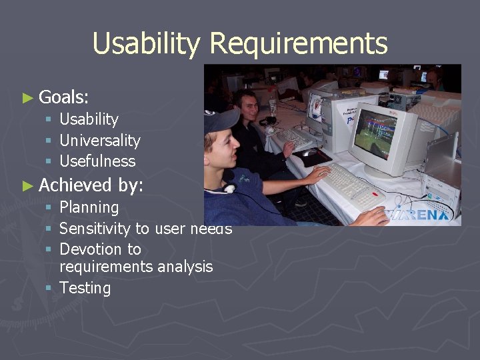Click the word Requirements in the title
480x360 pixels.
[298, 44]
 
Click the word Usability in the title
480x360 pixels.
[146, 44]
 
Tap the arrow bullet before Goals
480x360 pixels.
[27, 98]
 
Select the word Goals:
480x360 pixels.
[64, 97]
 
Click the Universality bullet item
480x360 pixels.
[100, 141]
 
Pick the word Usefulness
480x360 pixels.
[97, 161]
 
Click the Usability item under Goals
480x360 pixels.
[89, 120]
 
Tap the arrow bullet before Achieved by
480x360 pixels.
[27, 186]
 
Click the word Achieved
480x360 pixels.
[75, 185]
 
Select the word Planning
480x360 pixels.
[89, 208]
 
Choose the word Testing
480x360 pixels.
[85, 289]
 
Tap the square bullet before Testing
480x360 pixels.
[49, 289]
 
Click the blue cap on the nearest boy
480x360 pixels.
[220, 121]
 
